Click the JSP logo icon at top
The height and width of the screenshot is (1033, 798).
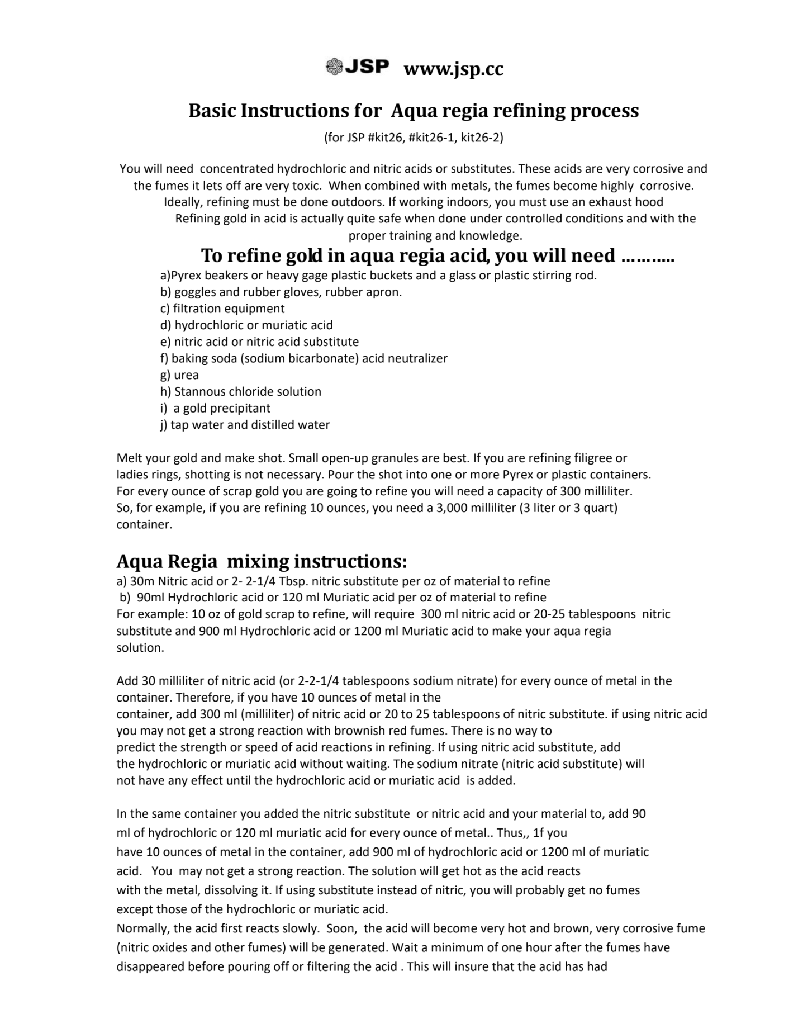[334, 67]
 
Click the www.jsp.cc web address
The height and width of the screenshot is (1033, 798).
[453, 69]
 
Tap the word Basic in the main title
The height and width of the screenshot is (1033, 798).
[212, 111]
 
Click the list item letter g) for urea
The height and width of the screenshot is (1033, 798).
[165, 375]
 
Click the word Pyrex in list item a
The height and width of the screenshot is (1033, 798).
[187, 276]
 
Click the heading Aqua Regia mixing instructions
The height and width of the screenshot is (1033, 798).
[262, 561]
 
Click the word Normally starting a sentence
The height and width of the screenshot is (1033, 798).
[142, 928]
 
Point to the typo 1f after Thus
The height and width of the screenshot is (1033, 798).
[539, 833]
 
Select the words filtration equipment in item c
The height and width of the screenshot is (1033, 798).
[229, 309]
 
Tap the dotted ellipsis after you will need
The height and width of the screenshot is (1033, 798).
[648, 257]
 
